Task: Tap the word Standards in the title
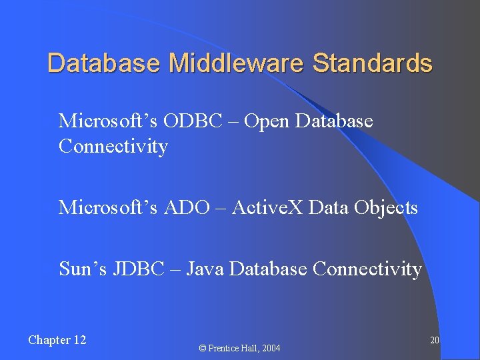pyautogui.click(x=372, y=63)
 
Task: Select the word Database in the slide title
pyautogui.click(x=103, y=63)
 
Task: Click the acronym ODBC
pyautogui.click(x=197, y=121)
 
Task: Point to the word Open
pyautogui.click(x=267, y=121)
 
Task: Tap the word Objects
pyautogui.click(x=386, y=208)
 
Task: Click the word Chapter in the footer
pyautogui.click(x=49, y=340)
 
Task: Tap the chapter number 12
pyautogui.click(x=79, y=340)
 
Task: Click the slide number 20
pyautogui.click(x=434, y=341)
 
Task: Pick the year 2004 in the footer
pyautogui.click(x=270, y=348)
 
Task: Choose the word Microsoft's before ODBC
pyautogui.click(x=107, y=121)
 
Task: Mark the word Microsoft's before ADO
pyautogui.click(x=107, y=208)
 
